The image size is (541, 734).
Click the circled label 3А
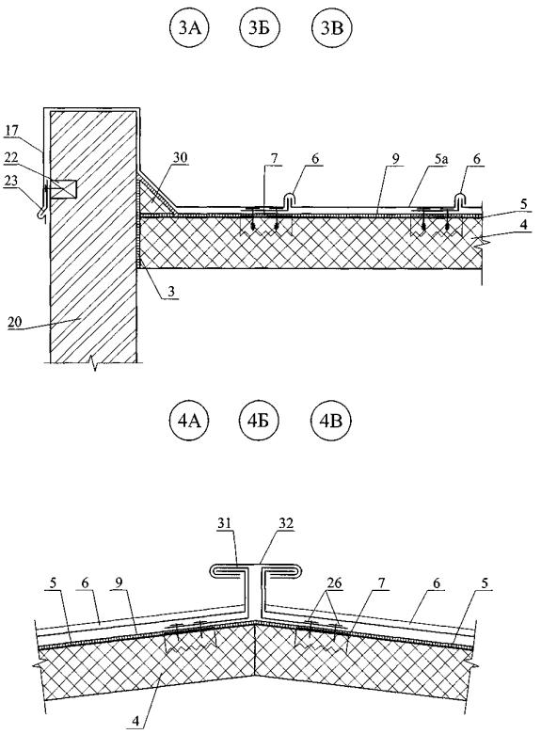pos(188,28)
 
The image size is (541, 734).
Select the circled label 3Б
pos(260,28)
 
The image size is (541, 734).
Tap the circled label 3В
pos(332,28)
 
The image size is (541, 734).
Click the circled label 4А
pos(188,421)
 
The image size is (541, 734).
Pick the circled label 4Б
pos(260,421)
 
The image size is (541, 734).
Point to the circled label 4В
pos(332,421)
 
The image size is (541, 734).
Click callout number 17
pos(11,131)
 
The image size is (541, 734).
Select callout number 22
pos(11,158)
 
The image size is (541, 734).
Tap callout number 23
pos(11,181)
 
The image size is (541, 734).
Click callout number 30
pos(181,158)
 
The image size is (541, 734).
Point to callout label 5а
pos(440,159)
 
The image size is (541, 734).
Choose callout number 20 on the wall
pos(15,322)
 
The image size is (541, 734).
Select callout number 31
pos(224,523)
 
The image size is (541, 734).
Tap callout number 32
pos(285,523)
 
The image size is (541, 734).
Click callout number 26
pos(335,583)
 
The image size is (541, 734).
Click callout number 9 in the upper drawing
pos(396,159)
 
